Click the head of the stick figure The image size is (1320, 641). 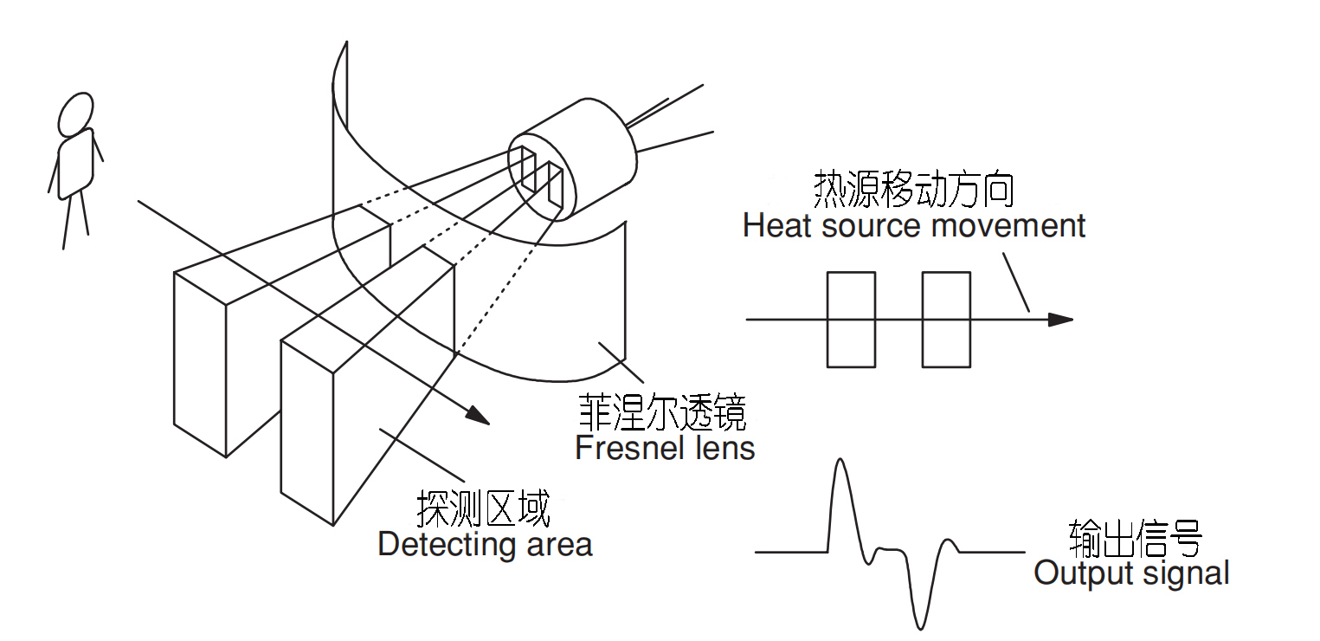[75, 113]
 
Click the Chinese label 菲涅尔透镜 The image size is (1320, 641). [661, 415]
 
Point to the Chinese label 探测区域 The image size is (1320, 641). [483, 509]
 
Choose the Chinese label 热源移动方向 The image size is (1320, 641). [912, 190]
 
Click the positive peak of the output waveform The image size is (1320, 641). [838, 462]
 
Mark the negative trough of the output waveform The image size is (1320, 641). [920, 626]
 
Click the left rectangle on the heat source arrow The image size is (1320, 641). [852, 320]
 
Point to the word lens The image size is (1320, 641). [724, 448]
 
